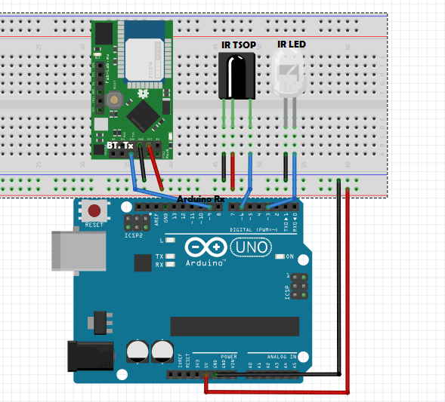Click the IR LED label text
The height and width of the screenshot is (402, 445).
(291, 45)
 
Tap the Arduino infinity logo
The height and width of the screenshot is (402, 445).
(202, 248)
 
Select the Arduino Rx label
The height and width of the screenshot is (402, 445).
(200, 198)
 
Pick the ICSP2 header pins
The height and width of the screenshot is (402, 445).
(137, 222)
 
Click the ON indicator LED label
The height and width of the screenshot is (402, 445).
(289, 257)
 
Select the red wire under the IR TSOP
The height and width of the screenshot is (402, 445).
(233, 174)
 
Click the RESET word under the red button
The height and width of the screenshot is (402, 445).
(94, 225)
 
